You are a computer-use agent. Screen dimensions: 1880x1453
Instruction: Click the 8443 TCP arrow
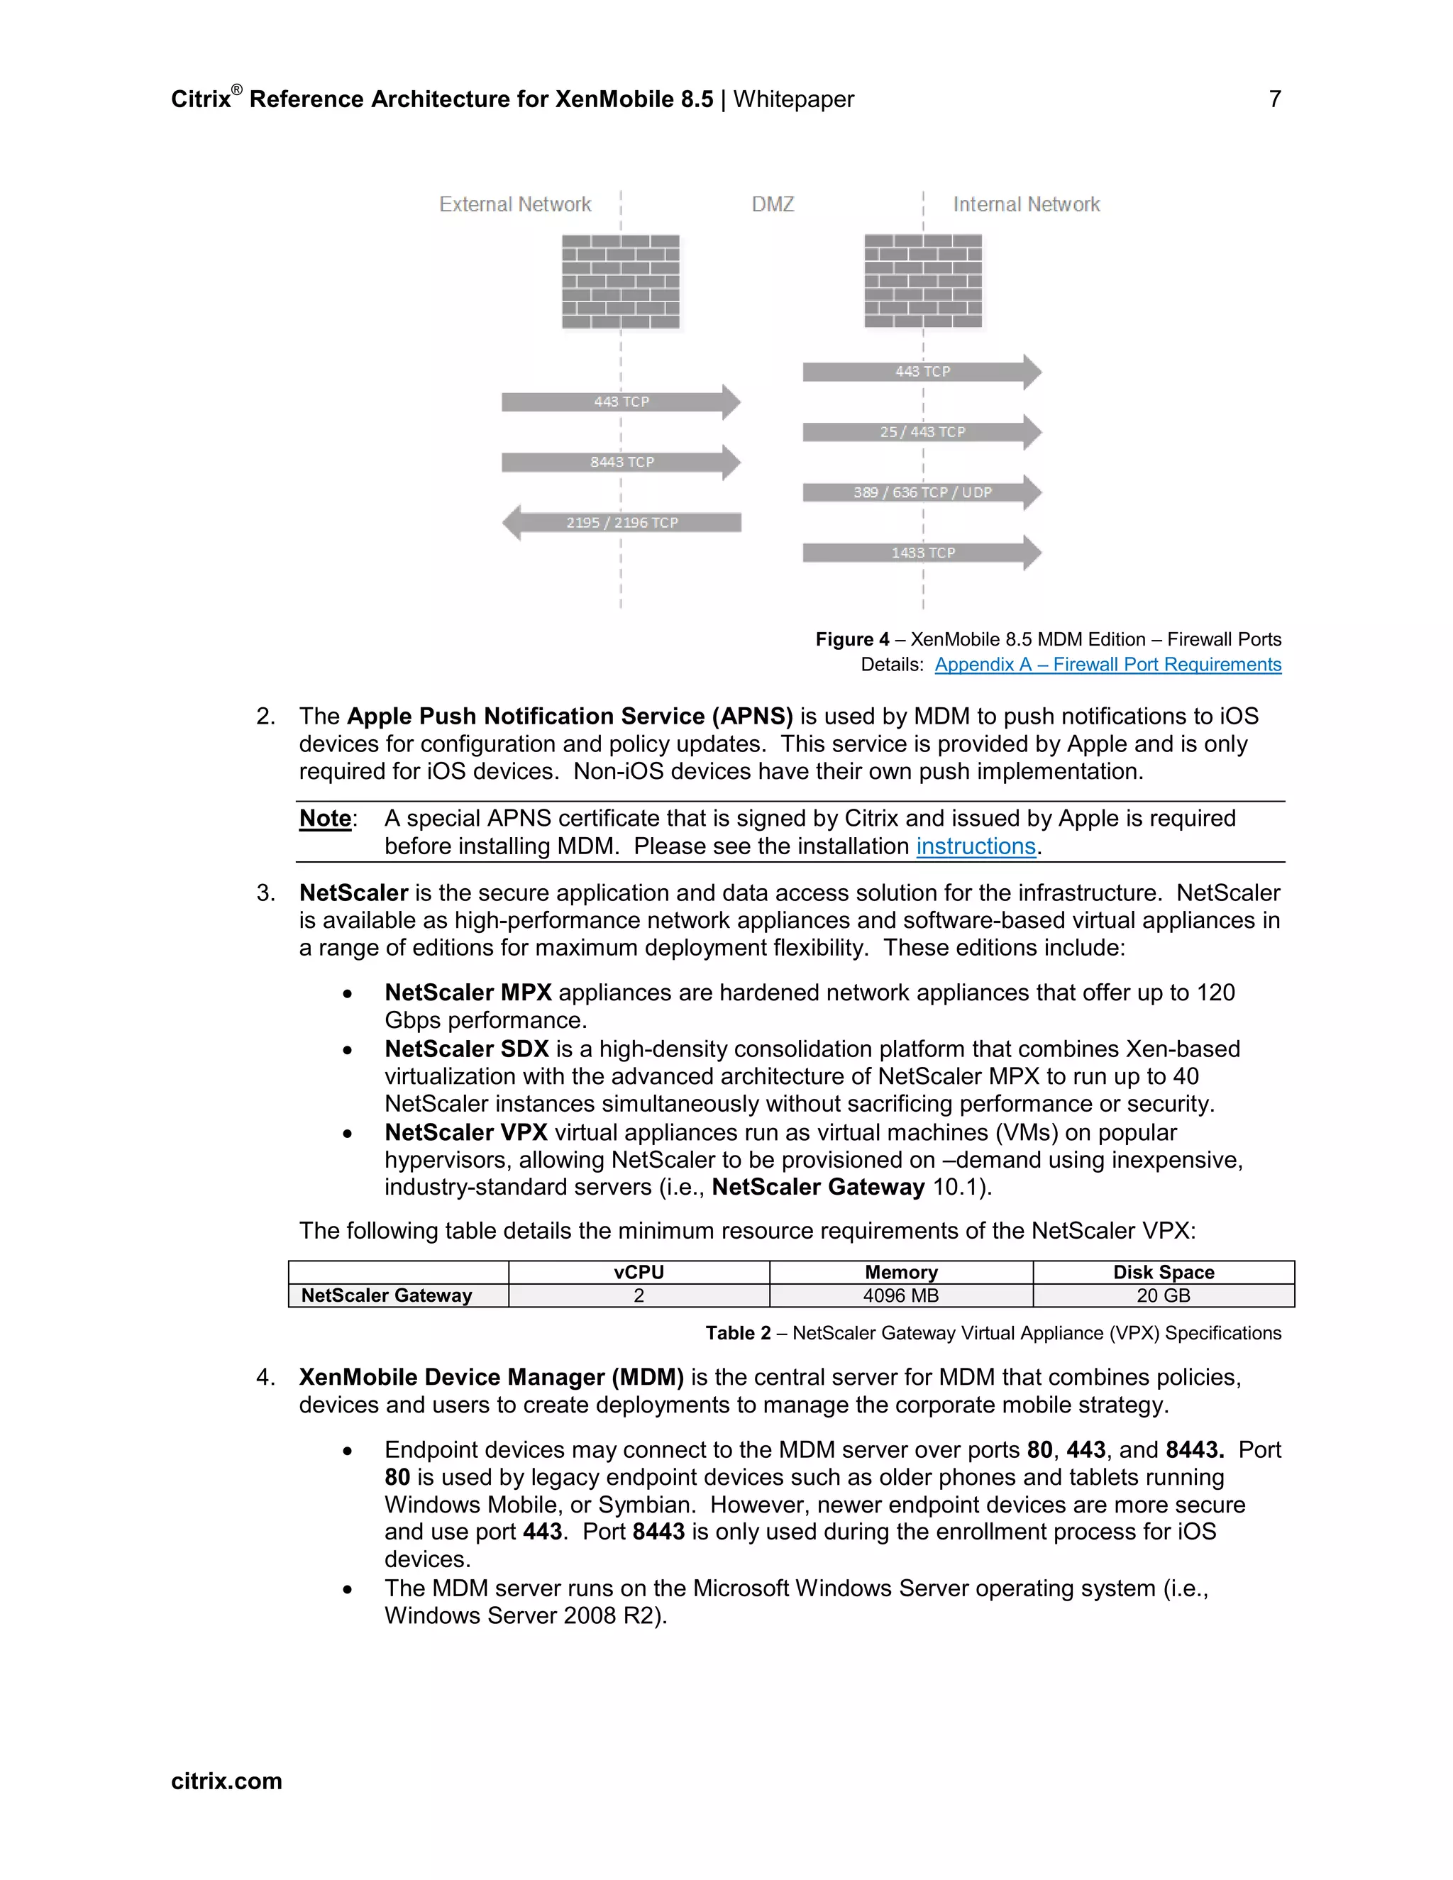621,463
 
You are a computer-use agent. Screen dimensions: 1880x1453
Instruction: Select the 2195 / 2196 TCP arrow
621,523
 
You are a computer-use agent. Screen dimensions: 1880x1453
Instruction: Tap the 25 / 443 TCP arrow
922,432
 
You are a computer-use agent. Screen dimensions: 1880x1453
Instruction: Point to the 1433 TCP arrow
922,553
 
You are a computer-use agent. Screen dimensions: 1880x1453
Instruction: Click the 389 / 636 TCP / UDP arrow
922,492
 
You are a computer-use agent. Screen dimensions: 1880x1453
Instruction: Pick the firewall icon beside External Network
621,282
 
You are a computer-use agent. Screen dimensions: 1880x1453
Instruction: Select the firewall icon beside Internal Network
923,282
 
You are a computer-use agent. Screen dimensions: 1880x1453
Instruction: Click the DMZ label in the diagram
772,205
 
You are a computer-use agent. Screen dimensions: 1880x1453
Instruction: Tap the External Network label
515,205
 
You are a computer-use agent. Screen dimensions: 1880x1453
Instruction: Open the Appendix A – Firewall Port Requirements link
1107,665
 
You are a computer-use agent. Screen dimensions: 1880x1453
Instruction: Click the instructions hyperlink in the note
976,846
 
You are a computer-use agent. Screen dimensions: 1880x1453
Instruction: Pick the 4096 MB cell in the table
900,1295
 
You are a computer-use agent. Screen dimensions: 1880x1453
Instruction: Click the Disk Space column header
1163,1272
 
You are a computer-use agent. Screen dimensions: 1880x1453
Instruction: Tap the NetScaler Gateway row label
387,1295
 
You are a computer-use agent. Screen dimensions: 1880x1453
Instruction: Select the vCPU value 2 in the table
639,1295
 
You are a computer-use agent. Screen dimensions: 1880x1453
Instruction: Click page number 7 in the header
1275,99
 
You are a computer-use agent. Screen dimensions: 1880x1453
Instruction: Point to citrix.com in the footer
226,1781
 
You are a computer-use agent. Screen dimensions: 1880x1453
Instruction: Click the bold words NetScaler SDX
467,1049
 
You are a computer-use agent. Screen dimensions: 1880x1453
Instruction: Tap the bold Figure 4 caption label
852,640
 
